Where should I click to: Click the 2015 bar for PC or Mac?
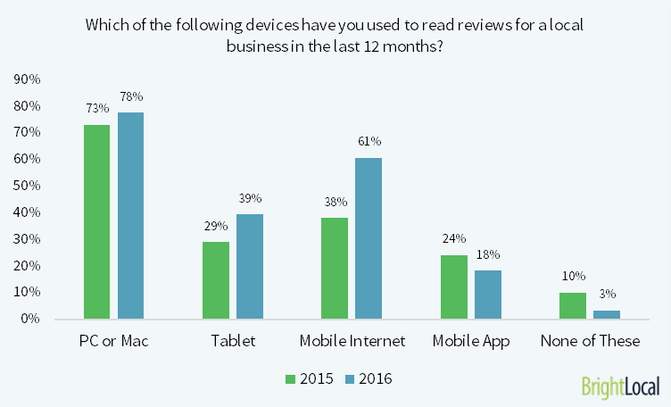[x=96, y=221]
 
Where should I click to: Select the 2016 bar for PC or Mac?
[x=130, y=215]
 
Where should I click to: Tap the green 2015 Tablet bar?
[x=216, y=280]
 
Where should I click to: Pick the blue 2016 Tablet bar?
[x=250, y=267]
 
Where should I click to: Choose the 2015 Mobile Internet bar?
[x=335, y=268]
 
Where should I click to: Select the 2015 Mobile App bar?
[x=454, y=287]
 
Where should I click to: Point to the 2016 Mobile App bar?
[x=488, y=295]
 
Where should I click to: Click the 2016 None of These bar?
[x=607, y=314]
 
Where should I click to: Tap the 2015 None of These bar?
[x=573, y=305]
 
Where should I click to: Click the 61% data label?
[x=369, y=141]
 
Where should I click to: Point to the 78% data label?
[x=130, y=96]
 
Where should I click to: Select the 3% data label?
[x=607, y=294]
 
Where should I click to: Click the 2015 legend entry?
[x=310, y=379]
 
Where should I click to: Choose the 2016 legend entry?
[x=367, y=379]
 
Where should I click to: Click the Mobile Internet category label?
[x=353, y=341]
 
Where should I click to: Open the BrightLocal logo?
[x=620, y=386]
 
